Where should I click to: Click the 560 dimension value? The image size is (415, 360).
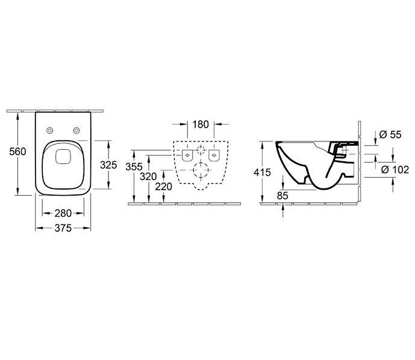point(17,152)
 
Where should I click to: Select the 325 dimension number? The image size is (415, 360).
point(108,165)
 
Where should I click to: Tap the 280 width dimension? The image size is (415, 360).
point(63,213)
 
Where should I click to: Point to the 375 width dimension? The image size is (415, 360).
point(63,228)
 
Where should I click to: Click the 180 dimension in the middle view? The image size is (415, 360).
point(201,125)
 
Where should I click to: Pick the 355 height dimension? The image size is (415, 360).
point(134,167)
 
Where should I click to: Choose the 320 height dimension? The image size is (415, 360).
point(148,176)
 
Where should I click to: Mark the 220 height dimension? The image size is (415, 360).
point(164,187)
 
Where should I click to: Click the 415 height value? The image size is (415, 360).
point(262,172)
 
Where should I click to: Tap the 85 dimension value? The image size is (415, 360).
point(282,196)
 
